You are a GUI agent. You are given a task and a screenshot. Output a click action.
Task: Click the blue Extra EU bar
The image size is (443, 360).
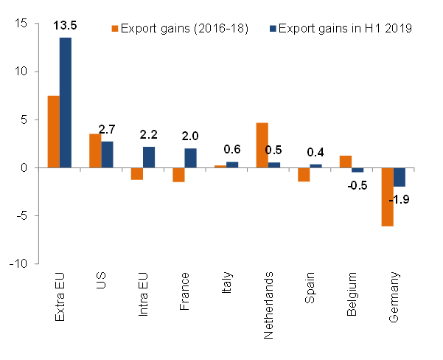click(x=66, y=103)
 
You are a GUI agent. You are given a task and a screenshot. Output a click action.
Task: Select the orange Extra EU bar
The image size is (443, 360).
click(x=54, y=131)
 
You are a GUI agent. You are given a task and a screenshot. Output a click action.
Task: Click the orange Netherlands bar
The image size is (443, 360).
click(x=262, y=145)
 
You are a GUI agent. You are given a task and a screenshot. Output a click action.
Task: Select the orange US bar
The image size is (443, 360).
click(x=95, y=150)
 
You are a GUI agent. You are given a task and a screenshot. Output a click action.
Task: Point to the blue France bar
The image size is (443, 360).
click(x=191, y=158)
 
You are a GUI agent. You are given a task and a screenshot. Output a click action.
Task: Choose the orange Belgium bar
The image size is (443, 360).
click(x=345, y=162)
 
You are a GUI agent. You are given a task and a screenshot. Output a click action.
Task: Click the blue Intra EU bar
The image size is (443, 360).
click(x=149, y=157)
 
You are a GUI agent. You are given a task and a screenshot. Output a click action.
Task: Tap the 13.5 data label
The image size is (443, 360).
click(x=66, y=27)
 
